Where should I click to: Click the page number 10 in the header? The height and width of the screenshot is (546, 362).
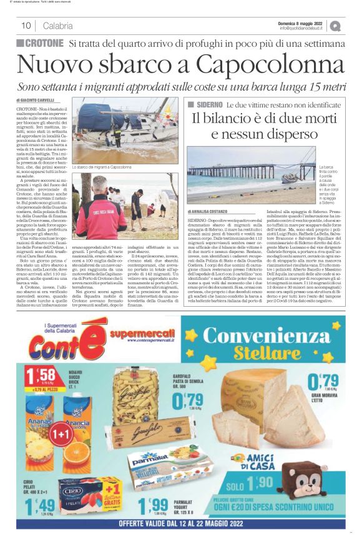click(x=26, y=26)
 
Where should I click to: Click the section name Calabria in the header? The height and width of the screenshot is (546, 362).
click(x=58, y=26)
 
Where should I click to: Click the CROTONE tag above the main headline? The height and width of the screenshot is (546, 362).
click(x=41, y=43)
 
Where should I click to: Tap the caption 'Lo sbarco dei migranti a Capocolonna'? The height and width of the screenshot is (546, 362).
click(x=103, y=167)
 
